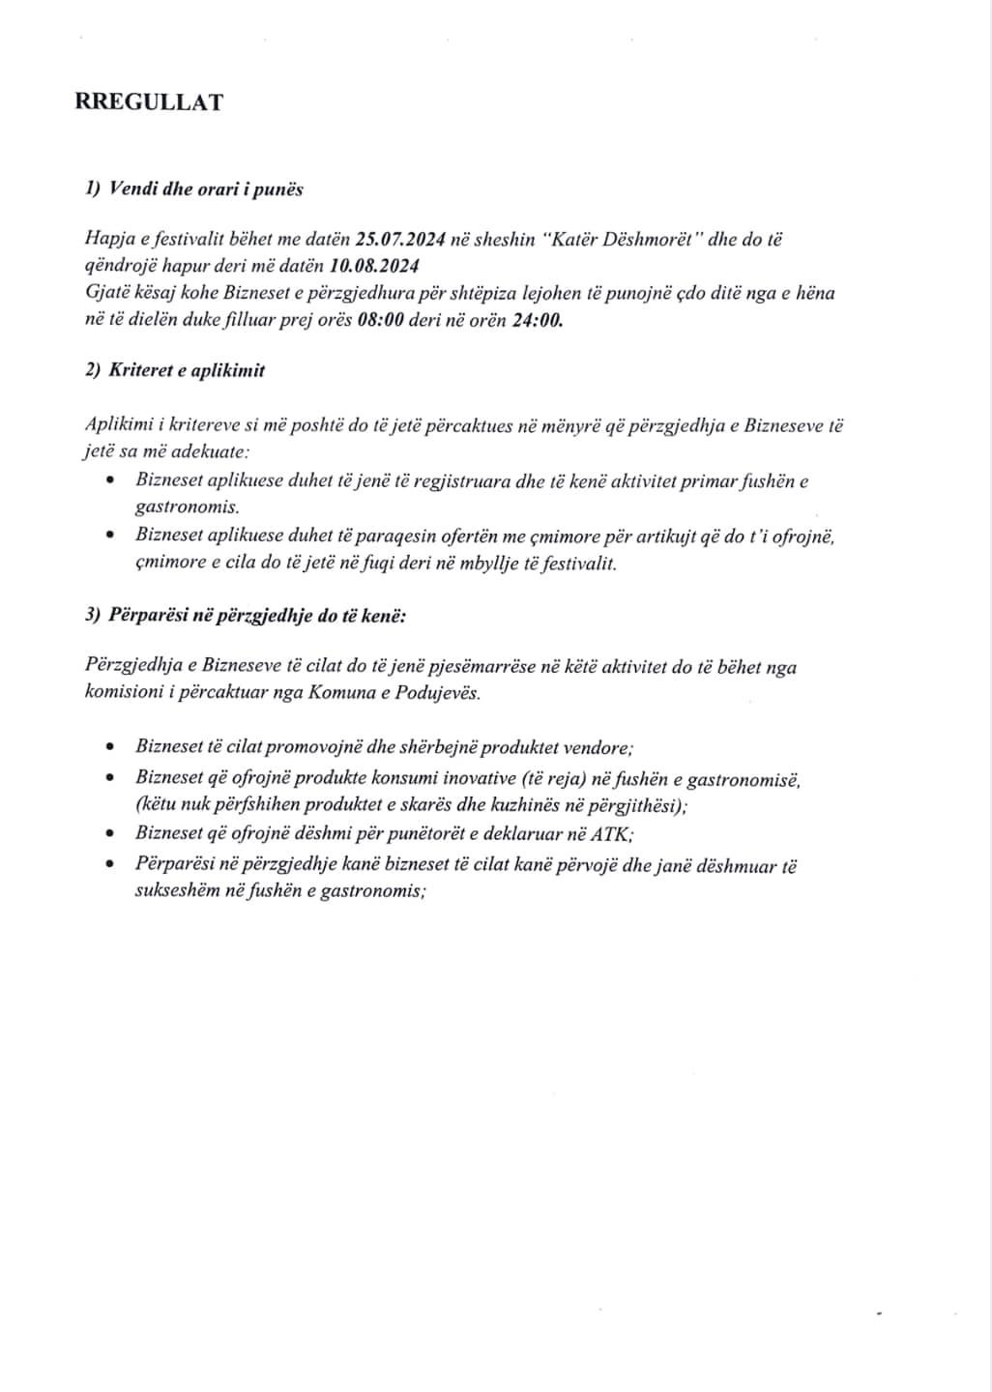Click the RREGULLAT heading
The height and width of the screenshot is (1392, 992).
(149, 102)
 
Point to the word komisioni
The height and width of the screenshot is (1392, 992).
(115, 693)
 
